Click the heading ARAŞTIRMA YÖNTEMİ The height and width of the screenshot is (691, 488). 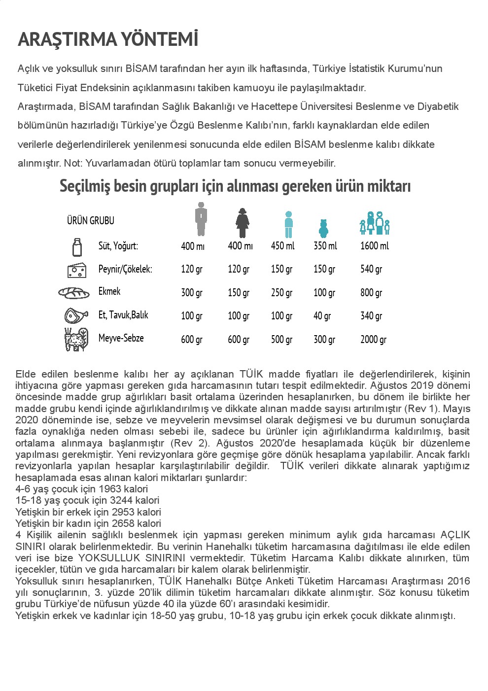tap(108, 39)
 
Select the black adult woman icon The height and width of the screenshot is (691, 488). tap(242, 223)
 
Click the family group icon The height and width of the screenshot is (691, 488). tap(375, 223)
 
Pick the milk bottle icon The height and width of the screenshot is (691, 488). tap(77, 246)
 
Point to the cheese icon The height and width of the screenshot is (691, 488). tap(77, 270)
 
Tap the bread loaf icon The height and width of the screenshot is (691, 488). tap(74, 292)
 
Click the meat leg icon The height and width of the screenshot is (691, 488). tap(76, 315)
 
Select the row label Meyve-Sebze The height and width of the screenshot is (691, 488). tap(121, 338)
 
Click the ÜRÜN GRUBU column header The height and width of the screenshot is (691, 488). tap(91, 220)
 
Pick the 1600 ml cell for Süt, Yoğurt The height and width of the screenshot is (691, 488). tap(374, 245)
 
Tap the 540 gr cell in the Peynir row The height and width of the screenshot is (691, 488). tap(371, 269)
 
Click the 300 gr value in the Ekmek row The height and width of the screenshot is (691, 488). tap(192, 292)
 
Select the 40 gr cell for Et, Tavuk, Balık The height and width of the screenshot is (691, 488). tap(322, 315)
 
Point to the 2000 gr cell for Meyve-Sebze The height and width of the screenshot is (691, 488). tap(373, 339)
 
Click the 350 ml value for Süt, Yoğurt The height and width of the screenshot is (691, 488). tap(325, 245)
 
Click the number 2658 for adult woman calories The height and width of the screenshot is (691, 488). tap(122, 523)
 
